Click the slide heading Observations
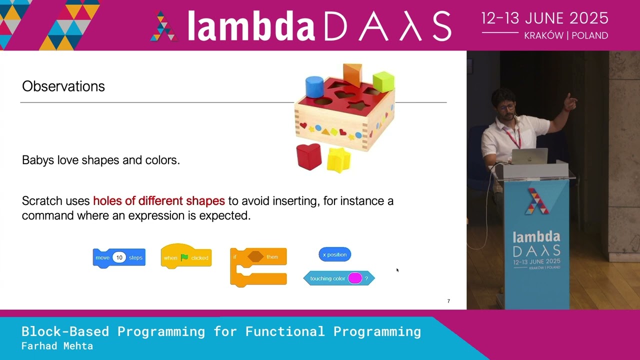63,86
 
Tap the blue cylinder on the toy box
314,86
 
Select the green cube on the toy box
383,81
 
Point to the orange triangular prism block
352,75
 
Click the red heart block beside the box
309,156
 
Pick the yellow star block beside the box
339,160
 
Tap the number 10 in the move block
119,257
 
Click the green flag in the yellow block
184,257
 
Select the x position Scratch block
334,254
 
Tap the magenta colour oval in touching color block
355,278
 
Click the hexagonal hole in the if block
255,256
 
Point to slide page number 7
448,301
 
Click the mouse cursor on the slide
397,269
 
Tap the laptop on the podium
529,156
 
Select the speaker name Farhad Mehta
57,346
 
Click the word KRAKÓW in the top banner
543,35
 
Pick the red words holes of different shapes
159,201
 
